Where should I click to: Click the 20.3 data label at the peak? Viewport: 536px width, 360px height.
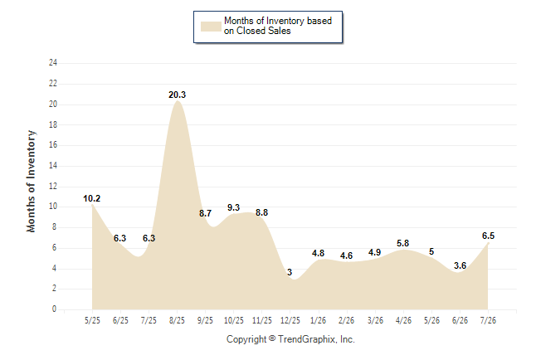(177, 95)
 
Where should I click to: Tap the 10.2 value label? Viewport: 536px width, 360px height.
(91, 198)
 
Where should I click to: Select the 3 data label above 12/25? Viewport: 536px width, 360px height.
(290, 272)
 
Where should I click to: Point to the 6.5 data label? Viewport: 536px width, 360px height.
(488, 236)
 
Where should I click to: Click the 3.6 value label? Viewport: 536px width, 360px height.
(460, 265)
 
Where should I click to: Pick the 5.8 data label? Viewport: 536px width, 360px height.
(402, 243)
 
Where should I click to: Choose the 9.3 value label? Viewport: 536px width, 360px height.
(233, 207)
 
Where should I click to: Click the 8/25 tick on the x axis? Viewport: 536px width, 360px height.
(177, 320)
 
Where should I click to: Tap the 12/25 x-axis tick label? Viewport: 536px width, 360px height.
(290, 320)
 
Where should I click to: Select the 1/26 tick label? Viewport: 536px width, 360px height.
(319, 320)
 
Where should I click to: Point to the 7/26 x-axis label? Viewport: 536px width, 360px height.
(488, 320)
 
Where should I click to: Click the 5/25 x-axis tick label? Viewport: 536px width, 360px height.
(92, 320)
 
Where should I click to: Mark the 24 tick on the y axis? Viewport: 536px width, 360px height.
(53, 62)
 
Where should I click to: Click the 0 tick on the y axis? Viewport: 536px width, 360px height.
(54, 309)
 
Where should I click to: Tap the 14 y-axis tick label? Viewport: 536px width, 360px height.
(53, 165)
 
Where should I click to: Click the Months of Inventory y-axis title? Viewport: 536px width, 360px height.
(31, 181)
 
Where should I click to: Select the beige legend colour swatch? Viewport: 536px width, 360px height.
(211, 27)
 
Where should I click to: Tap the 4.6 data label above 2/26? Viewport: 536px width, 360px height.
(346, 255)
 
